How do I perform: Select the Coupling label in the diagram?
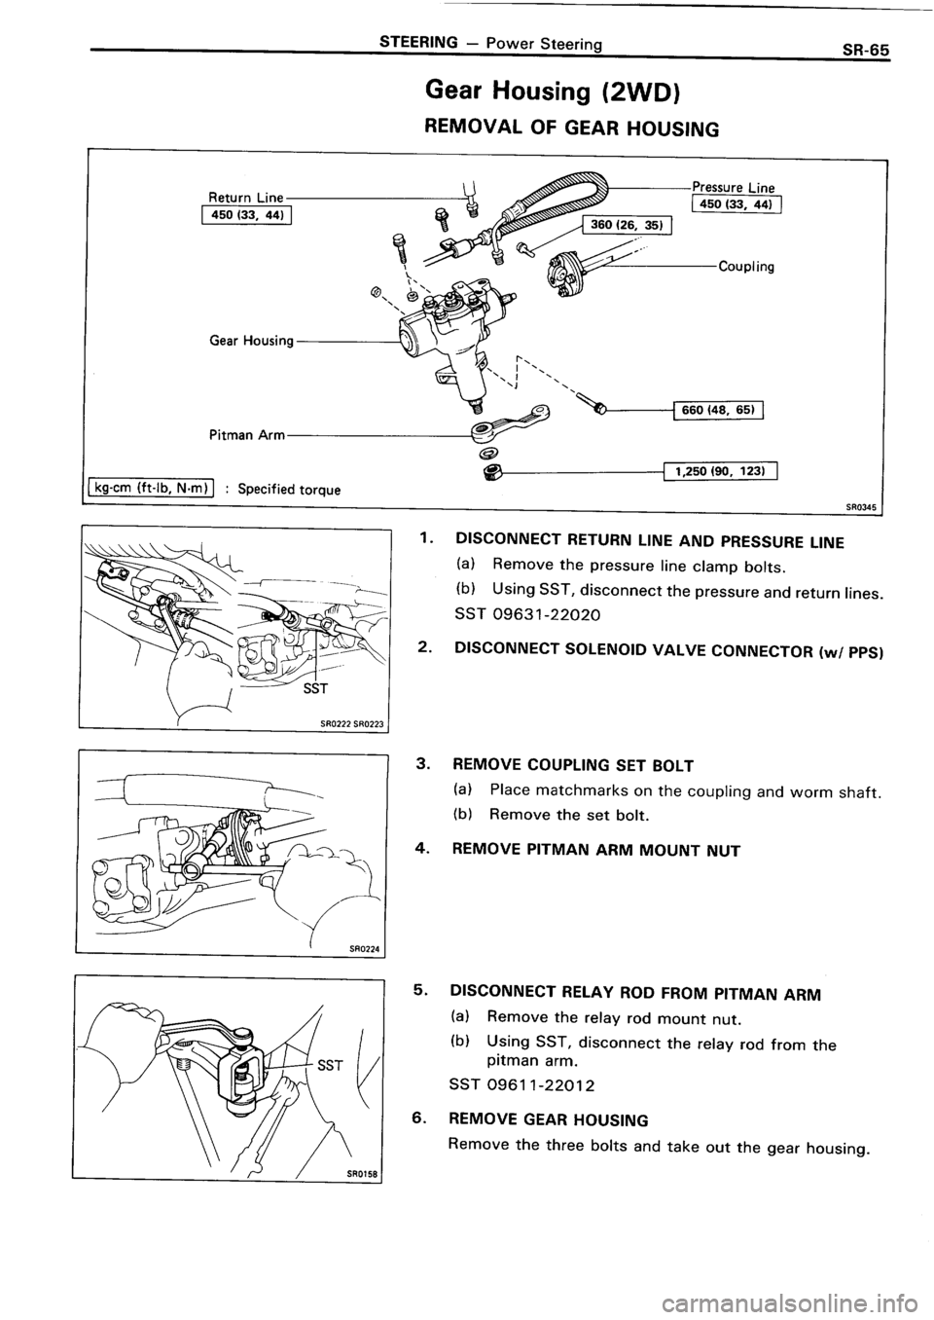click(744, 267)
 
